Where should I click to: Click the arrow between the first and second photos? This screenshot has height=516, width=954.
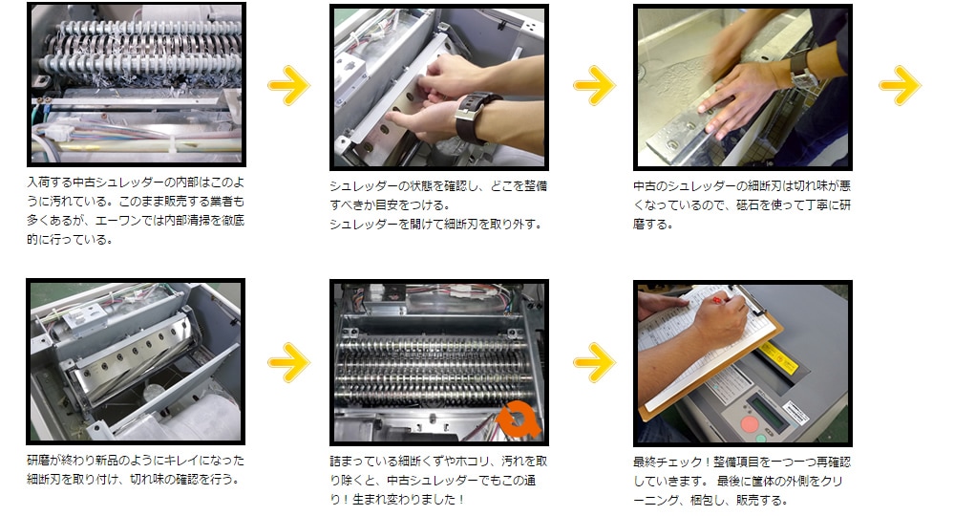tap(289, 85)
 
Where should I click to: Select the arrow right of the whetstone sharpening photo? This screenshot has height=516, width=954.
tap(900, 85)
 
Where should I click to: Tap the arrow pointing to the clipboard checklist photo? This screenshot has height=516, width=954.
tap(594, 363)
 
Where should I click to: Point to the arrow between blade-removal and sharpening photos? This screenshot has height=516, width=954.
tap(594, 85)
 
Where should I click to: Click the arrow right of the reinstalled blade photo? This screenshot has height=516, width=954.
tap(289, 363)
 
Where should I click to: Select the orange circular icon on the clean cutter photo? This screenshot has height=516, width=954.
tap(518, 419)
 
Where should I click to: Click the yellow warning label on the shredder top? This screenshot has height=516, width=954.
tap(779, 357)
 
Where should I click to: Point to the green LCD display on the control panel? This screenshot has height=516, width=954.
tap(768, 410)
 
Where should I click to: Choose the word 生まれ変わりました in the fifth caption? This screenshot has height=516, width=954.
tap(405, 500)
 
